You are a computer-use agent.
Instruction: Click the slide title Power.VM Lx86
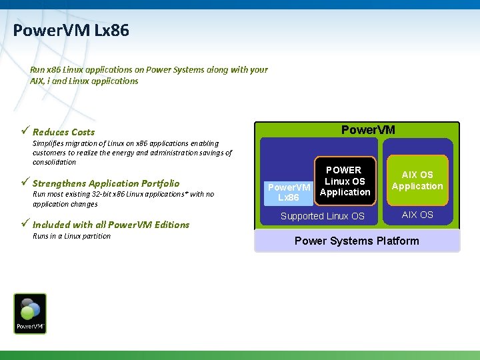[71, 31]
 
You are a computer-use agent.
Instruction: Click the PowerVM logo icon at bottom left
[31, 313]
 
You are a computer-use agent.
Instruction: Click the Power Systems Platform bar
[357, 241]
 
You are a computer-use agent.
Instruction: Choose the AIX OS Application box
[417, 181]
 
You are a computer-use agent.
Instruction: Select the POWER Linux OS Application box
[344, 181]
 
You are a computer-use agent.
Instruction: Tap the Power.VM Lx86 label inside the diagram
[289, 193]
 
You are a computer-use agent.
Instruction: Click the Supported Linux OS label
[323, 216]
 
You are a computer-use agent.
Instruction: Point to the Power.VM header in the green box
[368, 129]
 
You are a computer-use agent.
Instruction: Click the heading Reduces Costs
[63, 132]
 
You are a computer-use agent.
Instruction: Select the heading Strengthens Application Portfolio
[105, 183]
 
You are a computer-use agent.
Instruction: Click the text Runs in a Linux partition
[71, 236]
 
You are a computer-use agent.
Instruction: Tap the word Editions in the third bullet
[171, 225]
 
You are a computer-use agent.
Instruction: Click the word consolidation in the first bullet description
[54, 162]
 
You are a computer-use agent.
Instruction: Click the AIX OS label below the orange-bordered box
[417, 215]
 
